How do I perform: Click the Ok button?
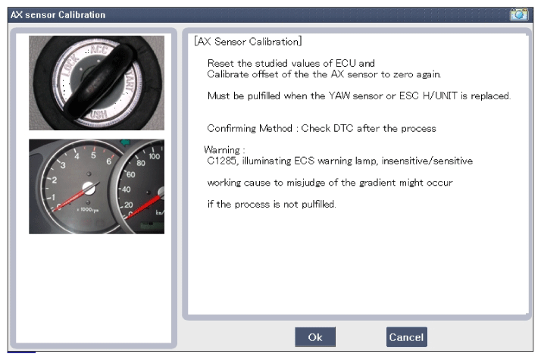point(315,337)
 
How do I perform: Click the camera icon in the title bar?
point(519,14)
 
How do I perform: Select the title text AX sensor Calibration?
point(58,15)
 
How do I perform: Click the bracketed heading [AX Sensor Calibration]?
point(248,42)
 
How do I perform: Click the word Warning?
point(222,150)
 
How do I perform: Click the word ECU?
point(346,63)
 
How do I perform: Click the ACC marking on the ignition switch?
point(99,49)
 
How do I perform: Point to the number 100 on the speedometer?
point(155,156)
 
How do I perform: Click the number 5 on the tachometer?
point(93,155)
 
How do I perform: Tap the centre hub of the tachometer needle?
point(89,188)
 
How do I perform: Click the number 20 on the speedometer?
point(129,205)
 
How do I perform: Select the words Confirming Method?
point(249,128)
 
